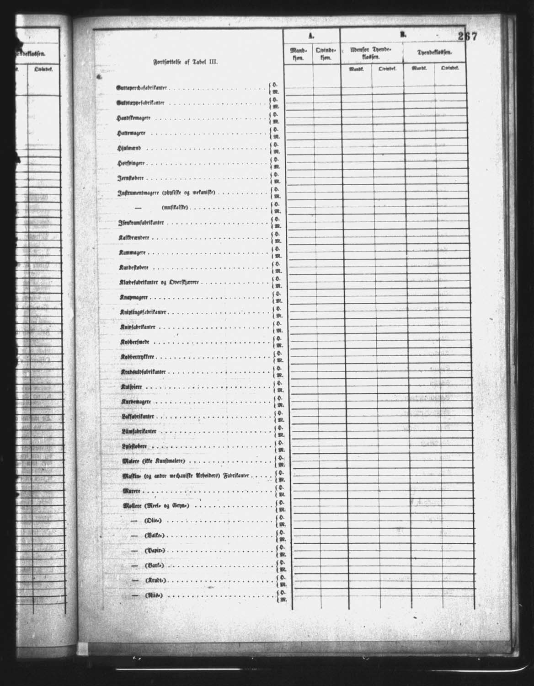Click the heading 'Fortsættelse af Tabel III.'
click(185, 64)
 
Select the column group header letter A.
click(311, 35)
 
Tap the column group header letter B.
click(403, 34)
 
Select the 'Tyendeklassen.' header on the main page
click(434, 53)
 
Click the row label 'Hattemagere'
click(131, 133)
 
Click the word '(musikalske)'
click(176, 208)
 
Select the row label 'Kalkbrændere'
click(134, 238)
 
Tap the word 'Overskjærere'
click(184, 283)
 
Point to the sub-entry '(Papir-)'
click(154, 550)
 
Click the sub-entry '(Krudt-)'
click(155, 580)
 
